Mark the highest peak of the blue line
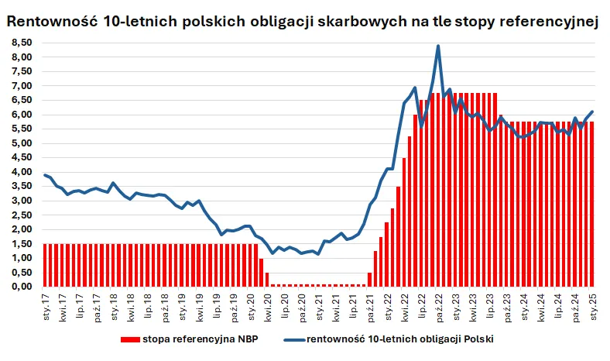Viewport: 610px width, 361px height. point(438,46)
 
